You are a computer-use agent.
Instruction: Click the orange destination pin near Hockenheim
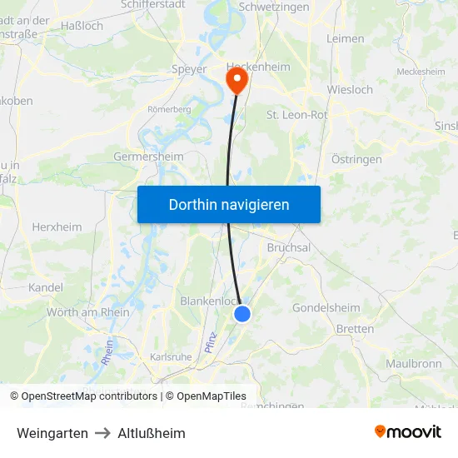coord(237,81)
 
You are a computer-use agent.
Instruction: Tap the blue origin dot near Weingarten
coord(242,313)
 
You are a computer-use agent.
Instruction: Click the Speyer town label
coord(188,69)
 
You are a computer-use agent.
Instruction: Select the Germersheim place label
coord(148,157)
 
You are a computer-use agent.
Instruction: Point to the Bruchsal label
coord(289,248)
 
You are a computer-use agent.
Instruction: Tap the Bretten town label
coord(355,329)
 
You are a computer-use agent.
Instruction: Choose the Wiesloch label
coord(350,89)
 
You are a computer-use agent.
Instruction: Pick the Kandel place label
coord(46,287)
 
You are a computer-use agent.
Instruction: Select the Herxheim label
coord(57,227)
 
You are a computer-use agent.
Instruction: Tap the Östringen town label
coord(356,159)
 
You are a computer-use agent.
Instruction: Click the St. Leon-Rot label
coord(296,115)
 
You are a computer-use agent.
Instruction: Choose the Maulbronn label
coord(413,364)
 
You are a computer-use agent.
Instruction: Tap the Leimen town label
coord(345,38)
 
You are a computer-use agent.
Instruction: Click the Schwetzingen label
coord(273,7)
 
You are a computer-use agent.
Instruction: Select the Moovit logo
coord(407,431)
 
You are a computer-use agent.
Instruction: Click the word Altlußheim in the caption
coord(152,433)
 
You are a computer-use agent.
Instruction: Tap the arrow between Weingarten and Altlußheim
coord(102,433)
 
